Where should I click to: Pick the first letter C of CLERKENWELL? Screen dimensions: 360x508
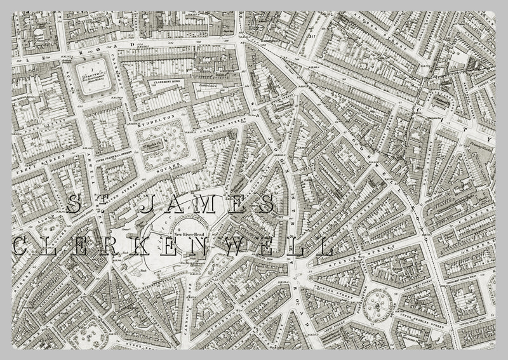pyautogui.click(x=19, y=246)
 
